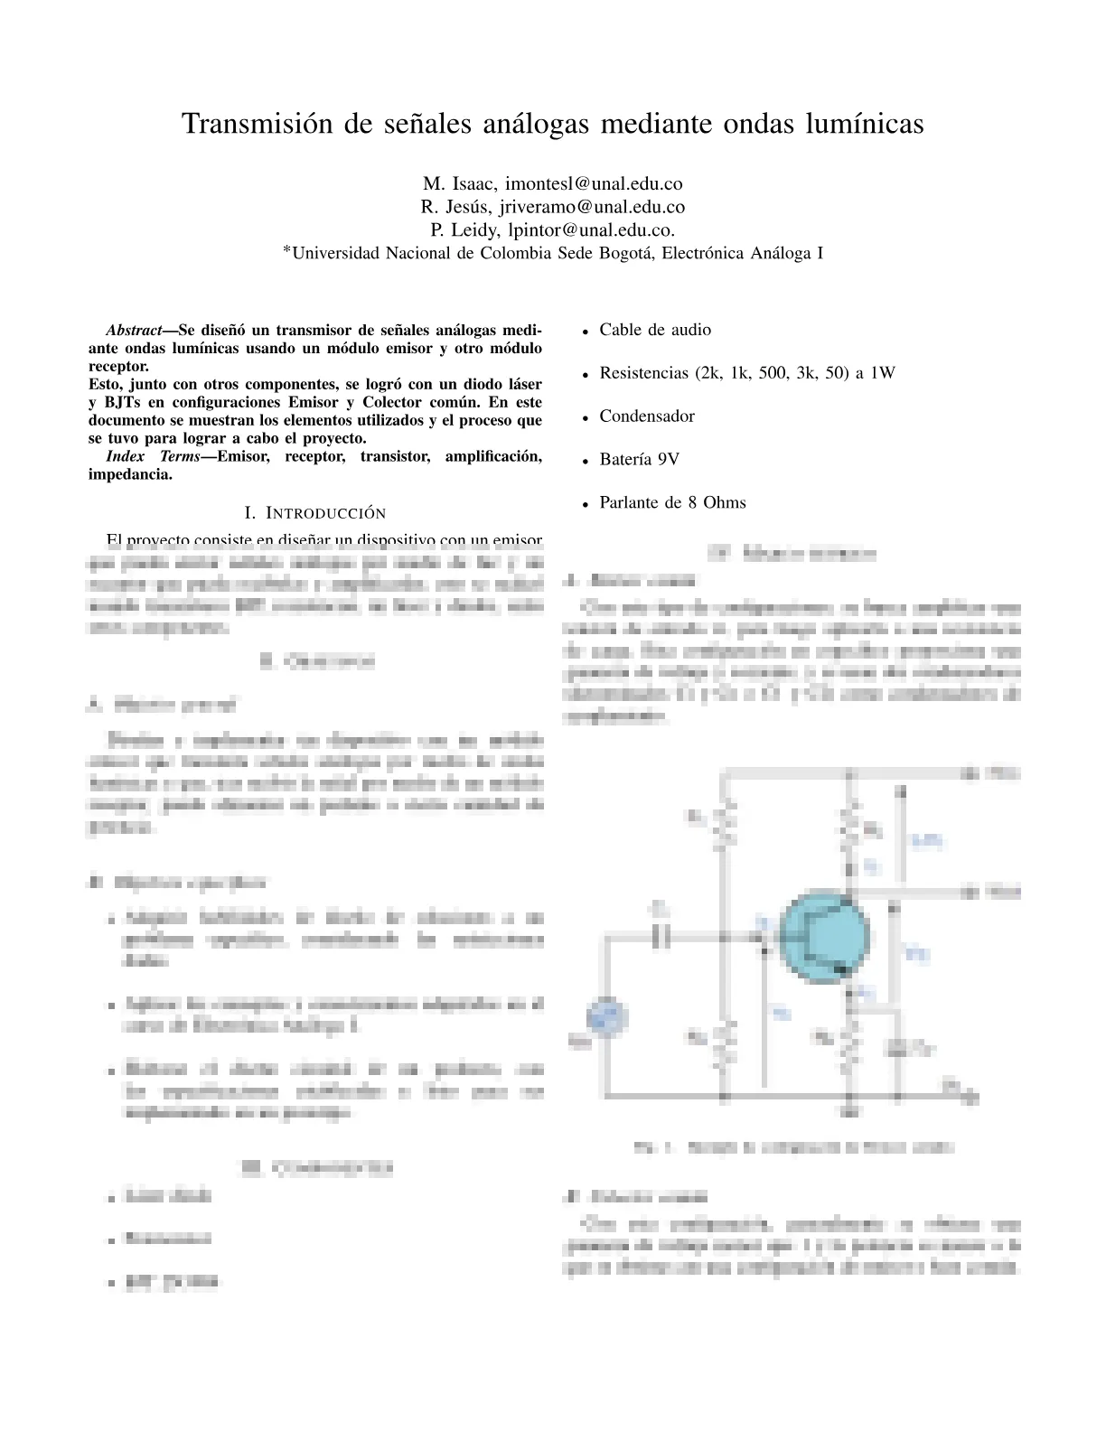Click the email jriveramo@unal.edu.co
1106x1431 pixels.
[592, 208]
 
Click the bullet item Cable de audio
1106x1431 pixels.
[655, 330]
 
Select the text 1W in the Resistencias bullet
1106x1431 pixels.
[883, 373]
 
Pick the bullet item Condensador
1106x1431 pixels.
[647, 416]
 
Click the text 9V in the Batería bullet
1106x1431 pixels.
[669, 460]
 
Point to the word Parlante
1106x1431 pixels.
[630, 503]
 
